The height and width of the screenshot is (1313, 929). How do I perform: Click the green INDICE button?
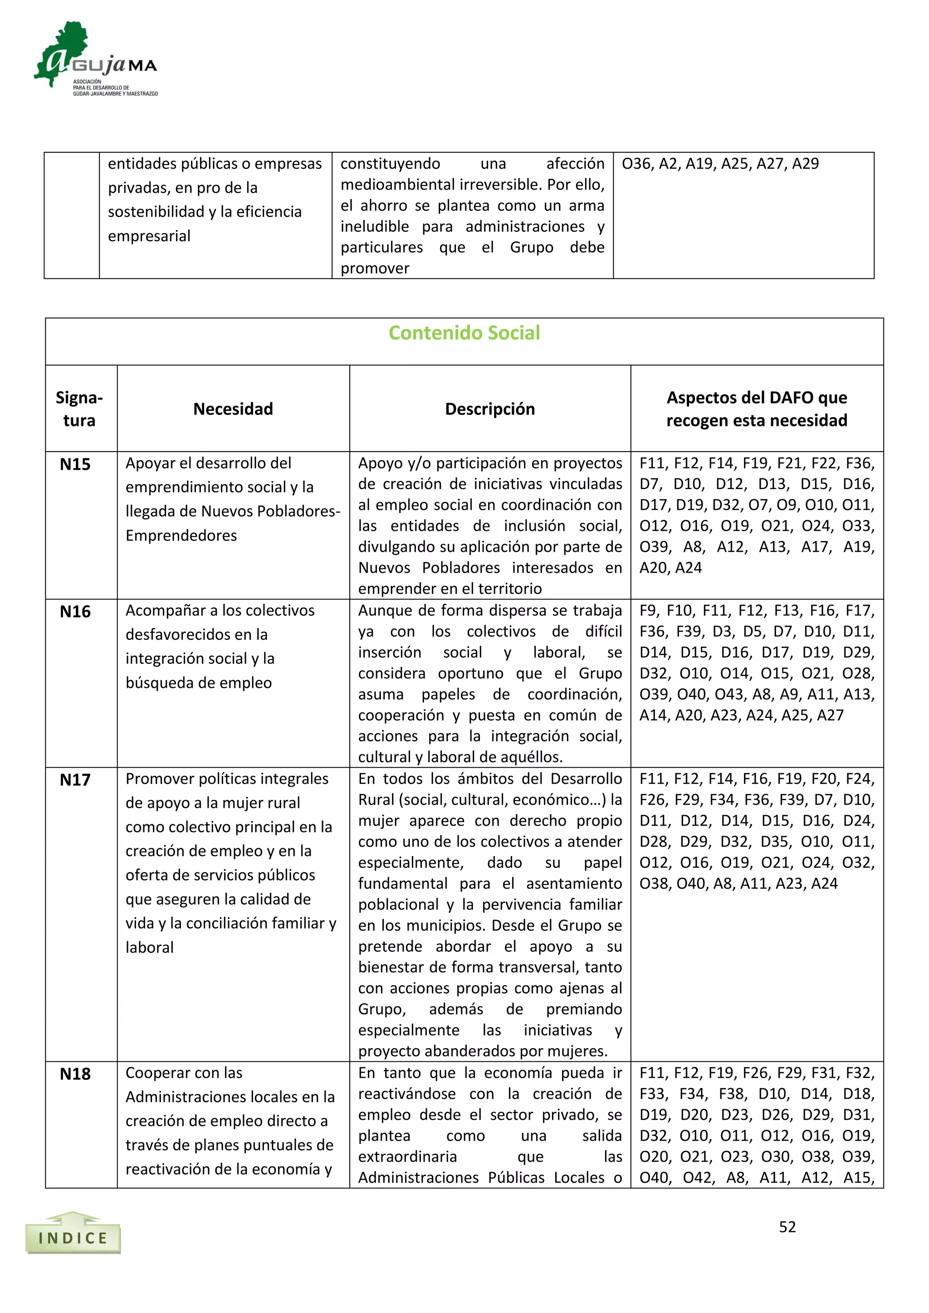tap(73, 1239)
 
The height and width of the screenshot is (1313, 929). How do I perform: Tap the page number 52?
tap(787, 1227)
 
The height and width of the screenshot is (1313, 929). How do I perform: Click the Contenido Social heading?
tap(464, 333)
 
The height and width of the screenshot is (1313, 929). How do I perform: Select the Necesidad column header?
tap(233, 409)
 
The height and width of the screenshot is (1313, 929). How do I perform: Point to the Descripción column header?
tap(489, 409)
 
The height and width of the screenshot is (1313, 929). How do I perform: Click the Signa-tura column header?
tap(79, 409)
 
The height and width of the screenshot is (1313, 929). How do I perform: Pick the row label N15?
tap(75, 464)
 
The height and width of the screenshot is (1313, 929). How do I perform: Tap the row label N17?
tap(75, 780)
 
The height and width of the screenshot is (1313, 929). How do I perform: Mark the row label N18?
tap(75, 1074)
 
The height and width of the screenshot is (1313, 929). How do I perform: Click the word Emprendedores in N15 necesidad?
tap(181, 536)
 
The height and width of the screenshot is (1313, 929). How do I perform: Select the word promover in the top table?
tap(375, 268)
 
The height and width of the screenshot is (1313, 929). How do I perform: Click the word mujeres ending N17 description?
tap(578, 1051)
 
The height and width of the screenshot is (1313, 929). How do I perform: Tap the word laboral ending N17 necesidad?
tap(149, 948)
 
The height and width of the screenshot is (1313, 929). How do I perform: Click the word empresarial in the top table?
tap(149, 236)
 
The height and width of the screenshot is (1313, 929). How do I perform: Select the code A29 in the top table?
tap(806, 164)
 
